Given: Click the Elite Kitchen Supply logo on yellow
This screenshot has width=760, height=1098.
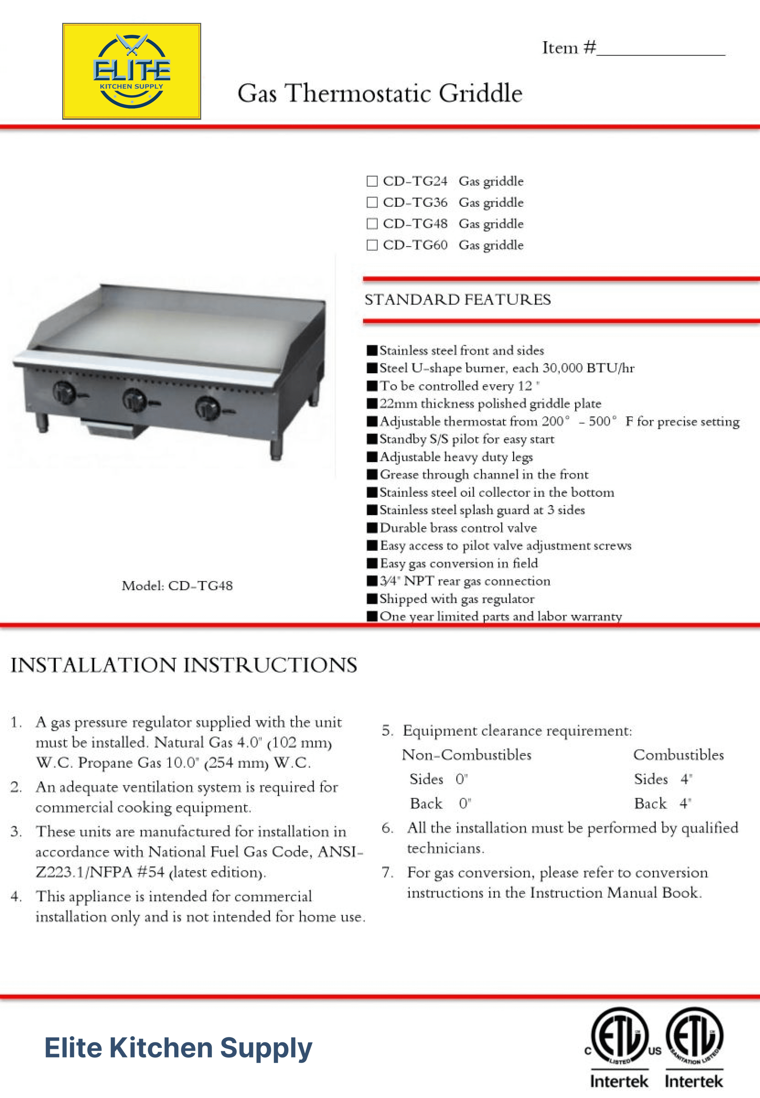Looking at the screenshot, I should pos(131,71).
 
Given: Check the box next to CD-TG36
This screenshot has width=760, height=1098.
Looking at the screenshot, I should pos(372,202).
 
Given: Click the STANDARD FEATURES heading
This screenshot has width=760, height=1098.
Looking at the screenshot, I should pos(458,300).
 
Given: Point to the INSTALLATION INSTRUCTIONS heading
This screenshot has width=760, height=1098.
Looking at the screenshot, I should pos(184,665).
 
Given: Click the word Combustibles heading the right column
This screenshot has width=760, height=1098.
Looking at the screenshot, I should pos(678,755).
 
